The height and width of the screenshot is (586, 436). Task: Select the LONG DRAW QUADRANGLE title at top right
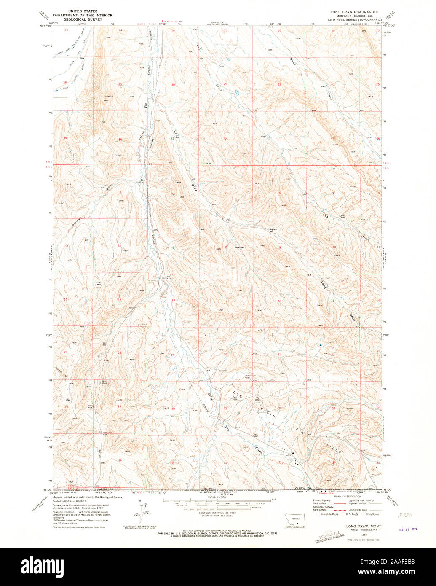354,12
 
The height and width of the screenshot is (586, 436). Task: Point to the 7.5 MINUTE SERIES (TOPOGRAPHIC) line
354,19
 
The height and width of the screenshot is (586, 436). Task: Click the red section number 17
226,301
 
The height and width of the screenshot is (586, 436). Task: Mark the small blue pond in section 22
321,345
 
